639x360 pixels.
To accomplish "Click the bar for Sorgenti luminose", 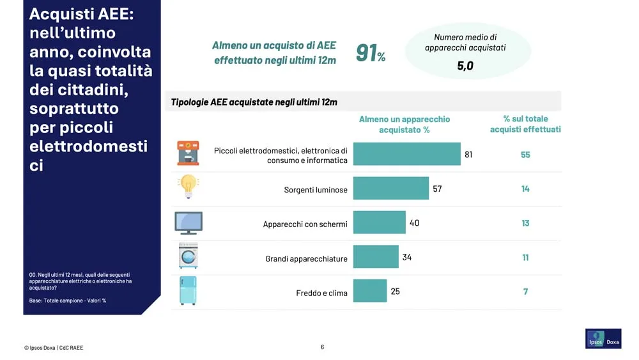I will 390,189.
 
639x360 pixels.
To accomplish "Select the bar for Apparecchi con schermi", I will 379,223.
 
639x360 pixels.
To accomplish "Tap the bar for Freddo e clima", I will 369,291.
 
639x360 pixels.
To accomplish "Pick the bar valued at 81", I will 406,154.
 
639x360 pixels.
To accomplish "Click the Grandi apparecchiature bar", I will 375,257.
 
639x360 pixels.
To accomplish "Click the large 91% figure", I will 370,53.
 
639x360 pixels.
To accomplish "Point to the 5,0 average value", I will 465,65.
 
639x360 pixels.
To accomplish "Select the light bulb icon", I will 188,187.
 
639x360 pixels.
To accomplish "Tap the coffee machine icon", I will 188,153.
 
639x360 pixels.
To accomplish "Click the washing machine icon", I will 188,256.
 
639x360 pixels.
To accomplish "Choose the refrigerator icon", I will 188,290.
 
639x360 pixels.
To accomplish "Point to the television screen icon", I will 188,223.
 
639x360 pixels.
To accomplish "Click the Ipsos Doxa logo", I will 603,339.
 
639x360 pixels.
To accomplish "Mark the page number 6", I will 322,347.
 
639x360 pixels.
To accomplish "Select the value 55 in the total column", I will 525,155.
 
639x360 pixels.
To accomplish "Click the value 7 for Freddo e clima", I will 525,292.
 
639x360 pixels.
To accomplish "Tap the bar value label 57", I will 437,189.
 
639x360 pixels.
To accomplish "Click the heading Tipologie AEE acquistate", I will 254,102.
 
